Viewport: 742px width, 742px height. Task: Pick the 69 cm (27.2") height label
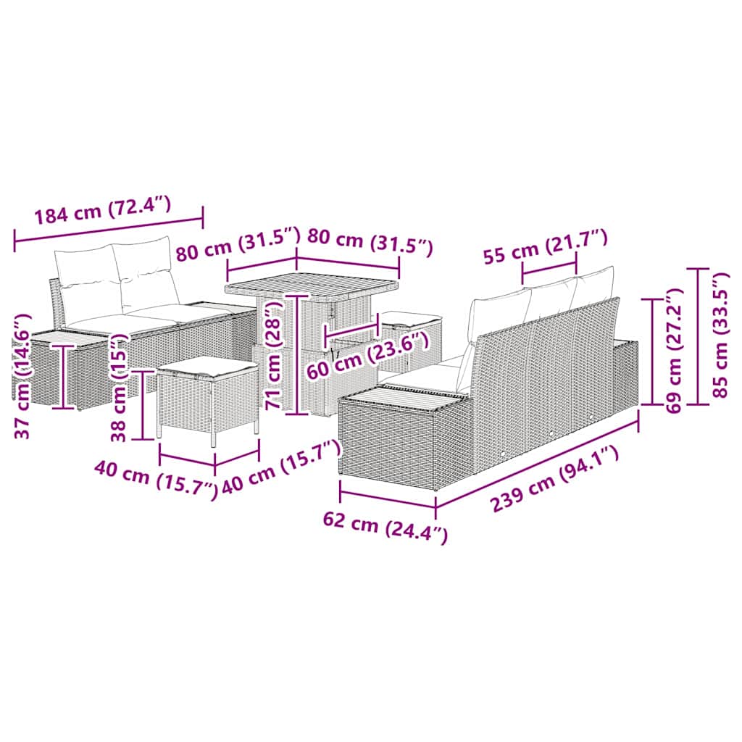point(675,350)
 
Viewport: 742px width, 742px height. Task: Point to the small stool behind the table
point(411,330)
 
